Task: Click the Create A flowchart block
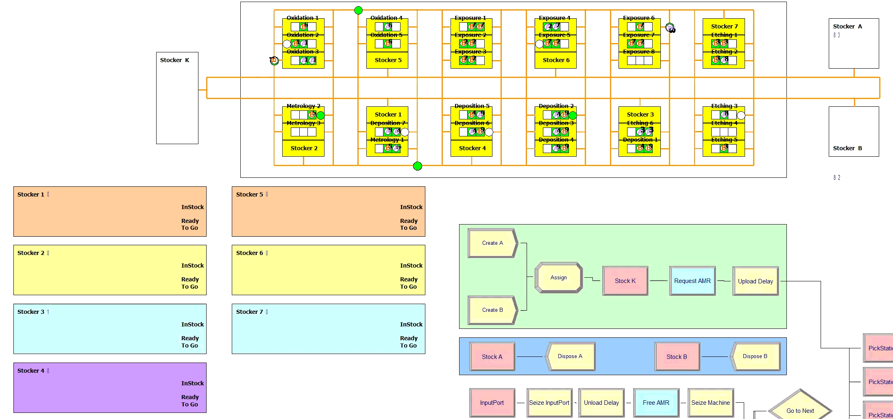pyautogui.click(x=492, y=243)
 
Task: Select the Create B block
pyautogui.click(x=492, y=310)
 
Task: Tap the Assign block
pyautogui.click(x=558, y=278)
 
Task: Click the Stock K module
pyautogui.click(x=625, y=281)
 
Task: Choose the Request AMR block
pyautogui.click(x=692, y=281)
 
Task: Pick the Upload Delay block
pyautogui.click(x=755, y=281)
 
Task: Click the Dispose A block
pyautogui.click(x=570, y=356)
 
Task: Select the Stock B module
pyautogui.click(x=677, y=357)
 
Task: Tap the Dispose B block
pyautogui.click(x=755, y=356)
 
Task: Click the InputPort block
pyautogui.click(x=492, y=403)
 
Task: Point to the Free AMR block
pyautogui.click(x=656, y=403)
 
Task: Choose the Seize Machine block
pyautogui.click(x=710, y=403)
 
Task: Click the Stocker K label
pyautogui.click(x=174, y=60)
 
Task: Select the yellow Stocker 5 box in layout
pyautogui.click(x=388, y=60)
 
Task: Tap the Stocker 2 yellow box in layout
pyautogui.click(x=304, y=148)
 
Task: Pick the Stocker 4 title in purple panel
pyautogui.click(x=31, y=371)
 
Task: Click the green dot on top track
pyautogui.click(x=358, y=10)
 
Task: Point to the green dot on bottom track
pyautogui.click(x=418, y=166)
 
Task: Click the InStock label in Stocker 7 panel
pyautogui.click(x=411, y=324)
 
